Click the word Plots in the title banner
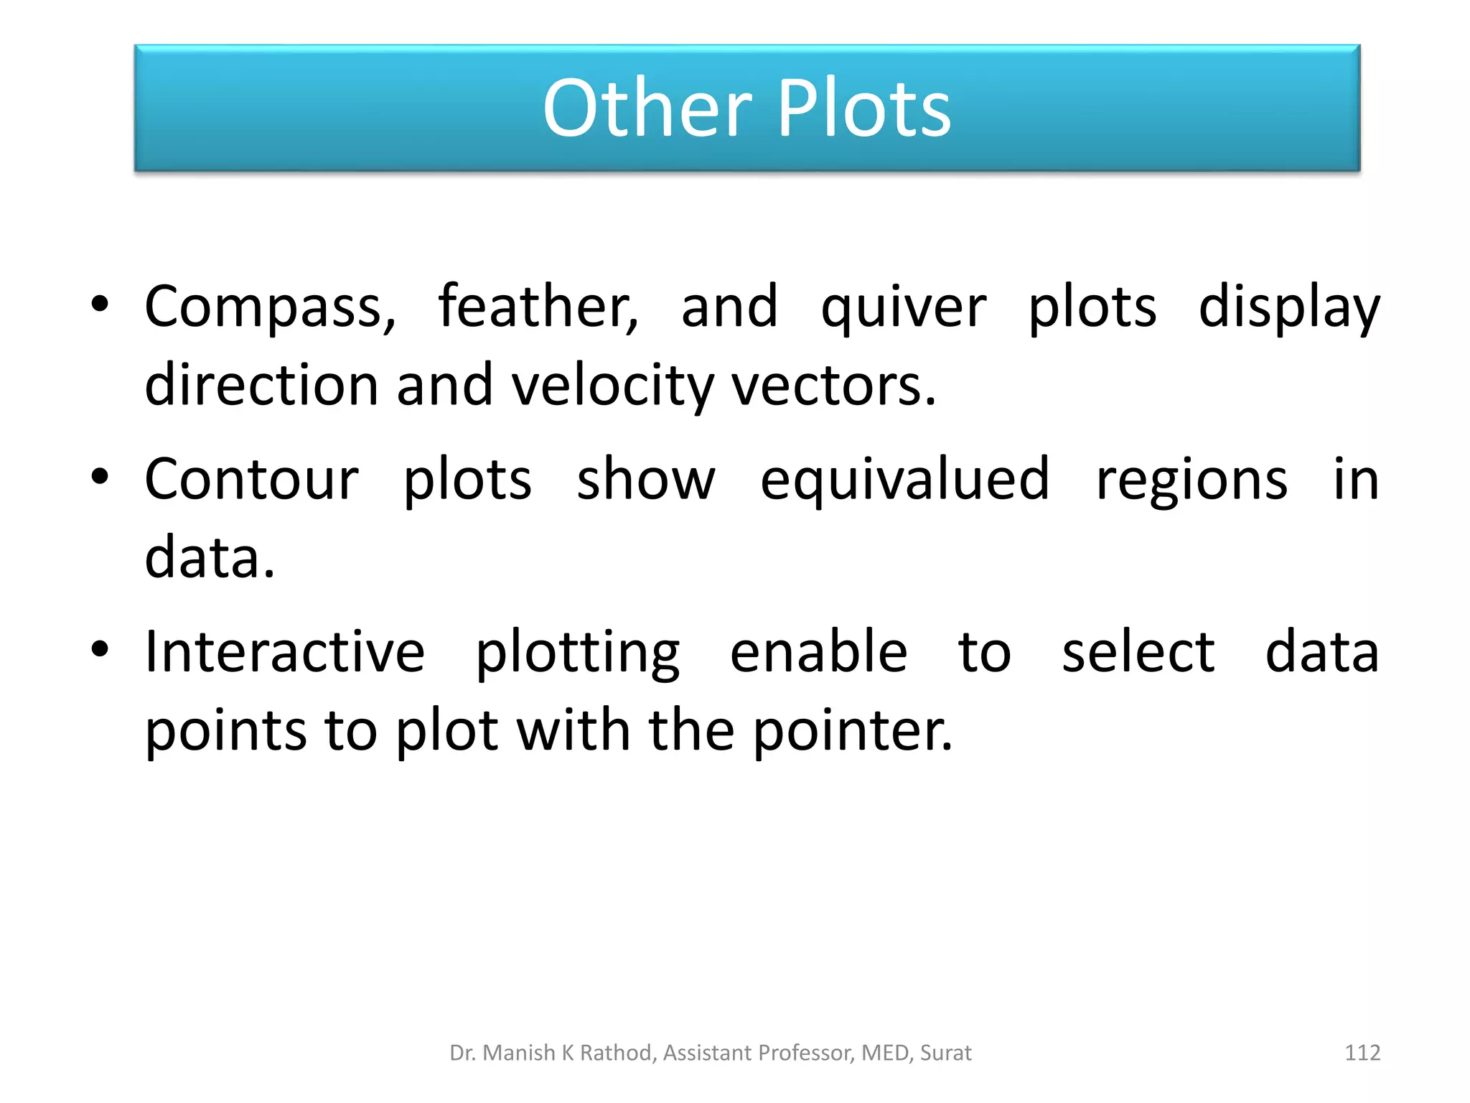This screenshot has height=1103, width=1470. pos(864,108)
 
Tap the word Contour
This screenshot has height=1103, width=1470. pos(251,479)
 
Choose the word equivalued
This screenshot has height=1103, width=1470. pos(904,480)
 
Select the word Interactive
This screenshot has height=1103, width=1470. pos(285,651)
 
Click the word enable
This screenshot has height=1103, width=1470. pos(819,651)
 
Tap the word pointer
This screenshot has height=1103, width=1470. pos(853,731)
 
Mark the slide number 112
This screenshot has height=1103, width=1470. pos(1362,1053)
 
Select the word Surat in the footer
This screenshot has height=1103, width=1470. pos(945,1053)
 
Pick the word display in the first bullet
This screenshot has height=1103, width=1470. pos(1289,307)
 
